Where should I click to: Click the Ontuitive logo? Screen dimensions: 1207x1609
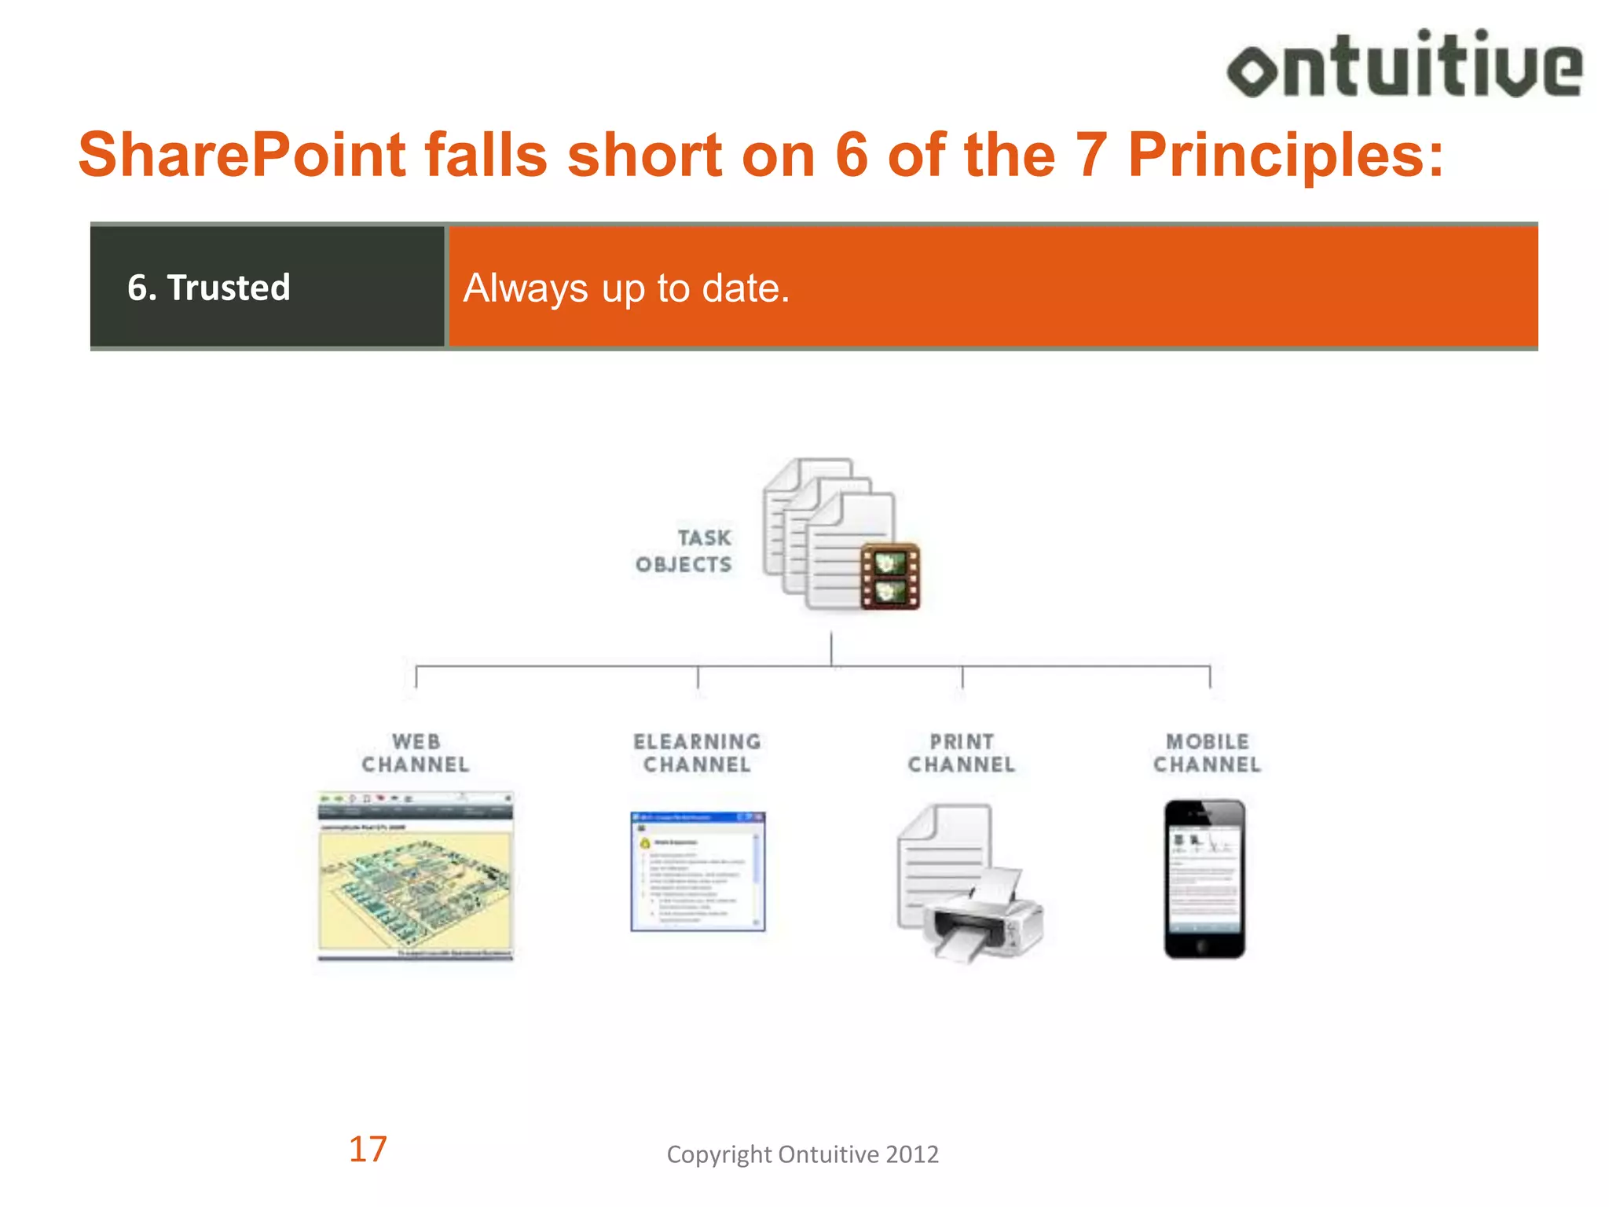1405,66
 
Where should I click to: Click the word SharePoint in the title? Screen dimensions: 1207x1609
241,155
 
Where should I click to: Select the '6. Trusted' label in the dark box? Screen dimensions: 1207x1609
209,288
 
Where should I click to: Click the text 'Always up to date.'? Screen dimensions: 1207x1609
626,288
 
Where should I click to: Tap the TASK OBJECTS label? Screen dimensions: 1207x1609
684,551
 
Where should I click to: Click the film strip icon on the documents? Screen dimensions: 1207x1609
889,576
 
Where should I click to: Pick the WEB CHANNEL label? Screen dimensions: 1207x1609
416,753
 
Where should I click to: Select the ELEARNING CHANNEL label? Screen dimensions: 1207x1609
697,753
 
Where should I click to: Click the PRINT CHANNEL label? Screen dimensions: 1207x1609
962,753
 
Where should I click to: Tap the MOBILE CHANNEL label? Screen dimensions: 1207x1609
1207,753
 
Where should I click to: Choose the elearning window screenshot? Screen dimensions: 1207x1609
698,871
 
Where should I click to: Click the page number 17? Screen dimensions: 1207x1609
368,1150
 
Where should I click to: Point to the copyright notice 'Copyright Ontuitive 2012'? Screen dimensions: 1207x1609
802,1154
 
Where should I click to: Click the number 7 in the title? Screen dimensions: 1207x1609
1090,155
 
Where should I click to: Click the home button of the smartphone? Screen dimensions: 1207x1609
1204,945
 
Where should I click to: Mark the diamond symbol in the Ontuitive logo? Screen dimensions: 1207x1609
1253,72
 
